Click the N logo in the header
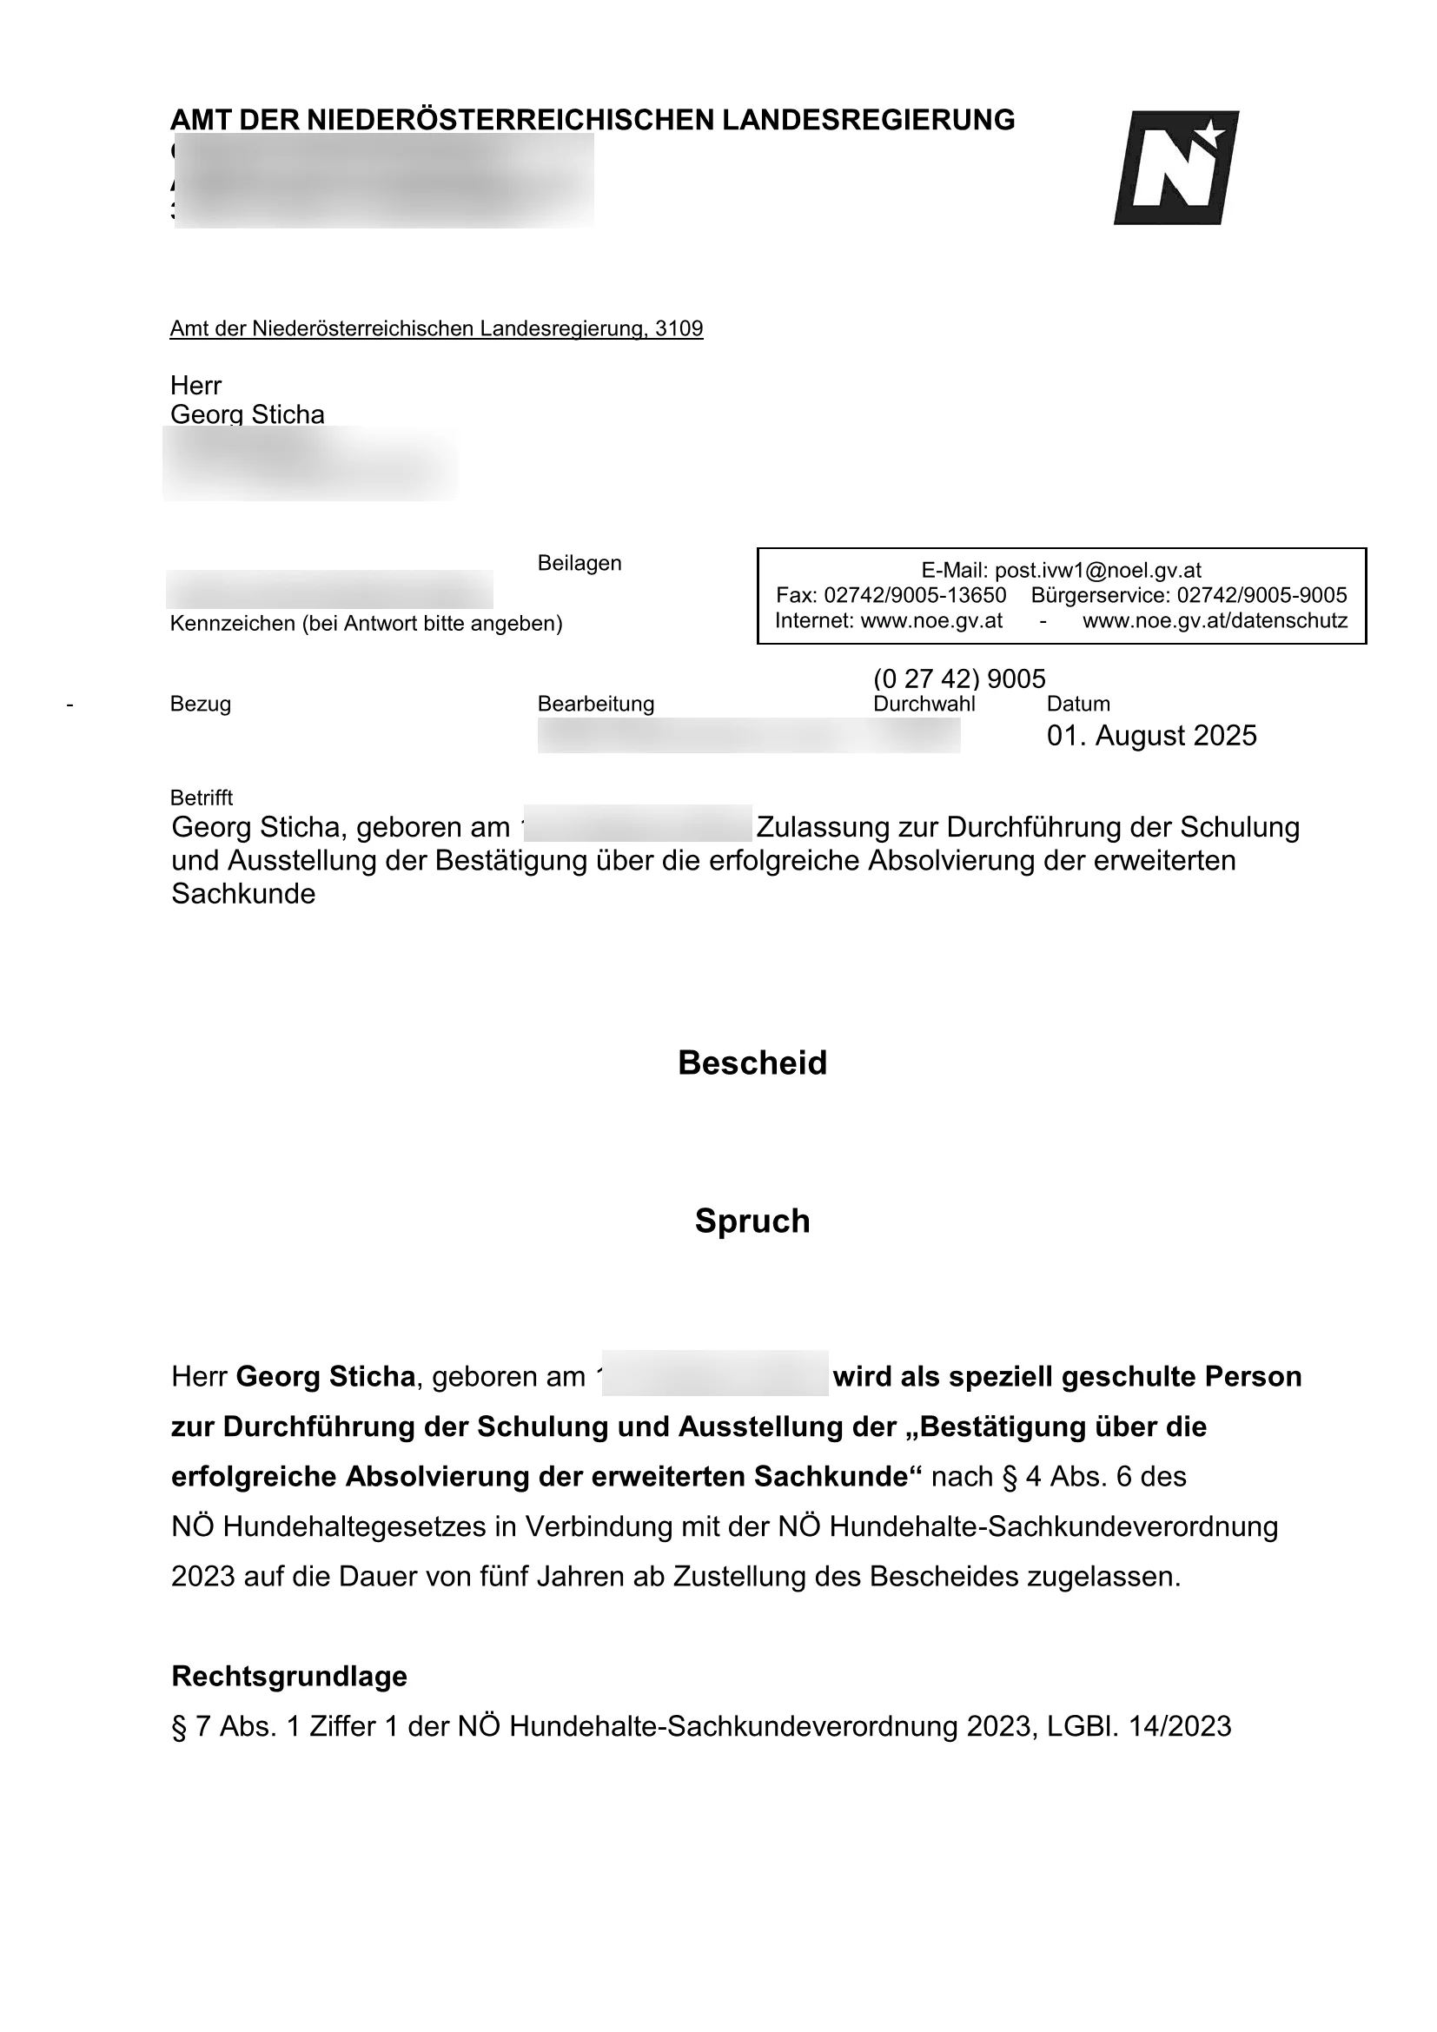pyautogui.click(x=1175, y=169)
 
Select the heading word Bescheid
pyautogui.click(x=752, y=1062)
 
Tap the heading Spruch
pyautogui.click(x=752, y=1221)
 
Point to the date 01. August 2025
pyautogui.click(x=1151, y=736)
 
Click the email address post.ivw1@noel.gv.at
pyautogui.click(x=1097, y=571)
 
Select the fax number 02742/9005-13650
pyautogui.click(x=914, y=595)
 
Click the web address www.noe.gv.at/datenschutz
pyautogui.click(x=1215, y=620)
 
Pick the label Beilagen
pyautogui.click(x=579, y=563)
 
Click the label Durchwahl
pyautogui.click(x=924, y=704)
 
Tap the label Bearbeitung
pyautogui.click(x=595, y=704)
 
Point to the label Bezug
pyautogui.click(x=200, y=704)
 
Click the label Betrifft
pyautogui.click(x=202, y=798)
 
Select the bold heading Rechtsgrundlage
pyautogui.click(x=289, y=1676)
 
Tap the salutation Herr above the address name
pyautogui.click(x=195, y=385)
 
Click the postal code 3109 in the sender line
pyautogui.click(x=679, y=328)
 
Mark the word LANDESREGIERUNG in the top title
pyautogui.click(x=868, y=120)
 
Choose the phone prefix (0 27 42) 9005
pyautogui.click(x=959, y=678)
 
